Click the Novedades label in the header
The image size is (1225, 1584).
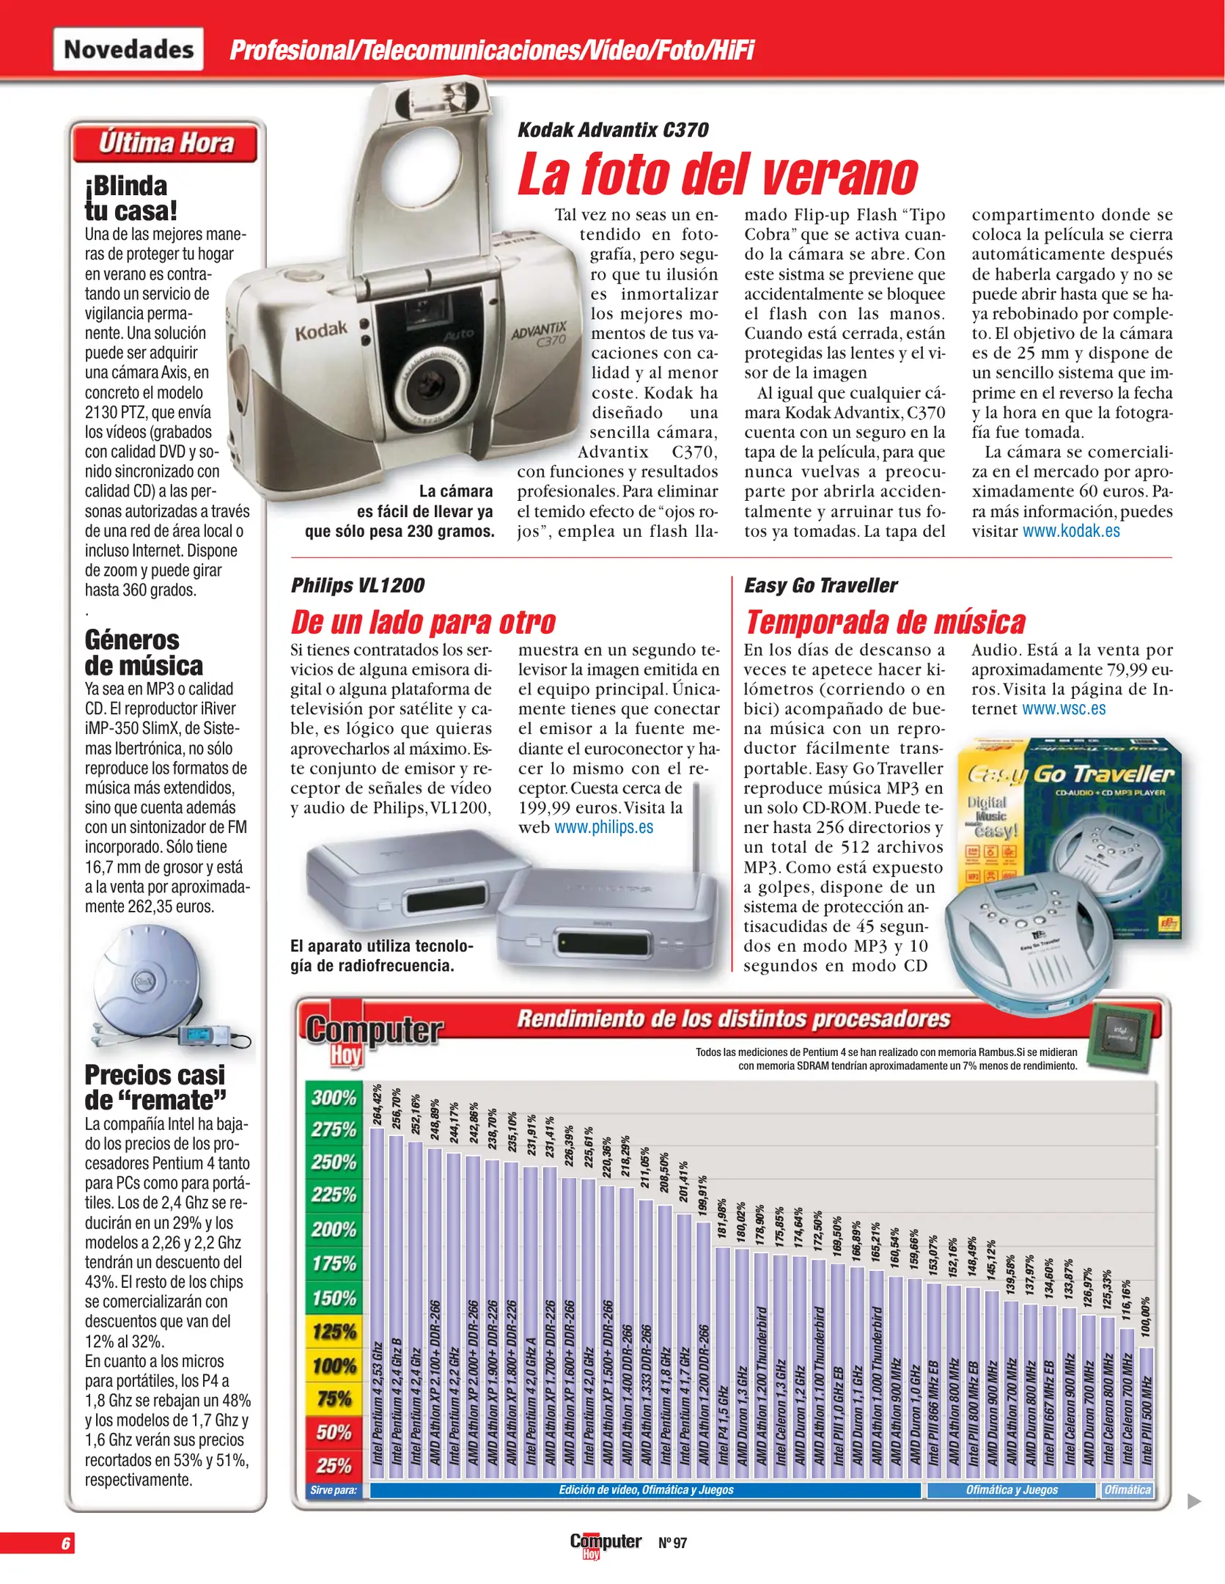(x=128, y=49)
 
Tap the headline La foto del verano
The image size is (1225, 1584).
(x=717, y=175)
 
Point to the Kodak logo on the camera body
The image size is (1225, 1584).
(x=321, y=331)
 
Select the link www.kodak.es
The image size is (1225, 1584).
(x=1071, y=531)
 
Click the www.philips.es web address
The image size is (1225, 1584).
(x=603, y=827)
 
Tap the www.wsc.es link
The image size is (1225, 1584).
(x=1064, y=708)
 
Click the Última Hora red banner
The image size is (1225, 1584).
(x=166, y=143)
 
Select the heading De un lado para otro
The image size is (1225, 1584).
(x=423, y=622)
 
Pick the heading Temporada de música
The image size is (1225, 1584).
(x=885, y=622)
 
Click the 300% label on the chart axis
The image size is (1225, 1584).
(x=334, y=1097)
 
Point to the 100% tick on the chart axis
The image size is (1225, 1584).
(x=334, y=1365)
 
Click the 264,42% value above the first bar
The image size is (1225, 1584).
(x=378, y=1104)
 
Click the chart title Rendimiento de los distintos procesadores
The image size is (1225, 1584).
(x=733, y=1019)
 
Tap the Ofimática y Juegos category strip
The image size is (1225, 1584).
(x=1012, y=1489)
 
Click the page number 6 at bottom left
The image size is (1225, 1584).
(x=65, y=1543)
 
